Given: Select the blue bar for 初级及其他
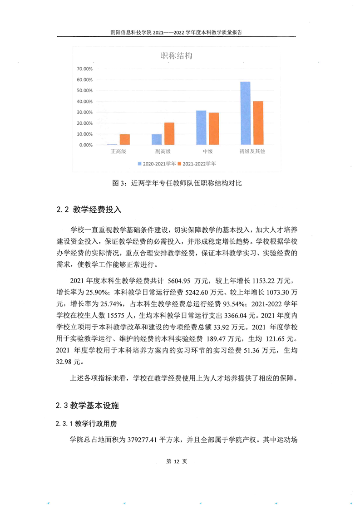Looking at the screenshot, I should point(245,113).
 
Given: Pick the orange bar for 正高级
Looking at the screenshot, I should point(124,139).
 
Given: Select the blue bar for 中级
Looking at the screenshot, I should point(201,127).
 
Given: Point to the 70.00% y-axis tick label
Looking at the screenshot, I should point(84,69).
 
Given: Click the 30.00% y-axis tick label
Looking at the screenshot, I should point(84,113).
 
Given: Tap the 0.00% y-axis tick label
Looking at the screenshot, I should point(86,145).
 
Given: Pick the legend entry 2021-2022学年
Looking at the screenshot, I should point(199,163).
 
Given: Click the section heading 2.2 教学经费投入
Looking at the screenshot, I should point(89,210).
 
